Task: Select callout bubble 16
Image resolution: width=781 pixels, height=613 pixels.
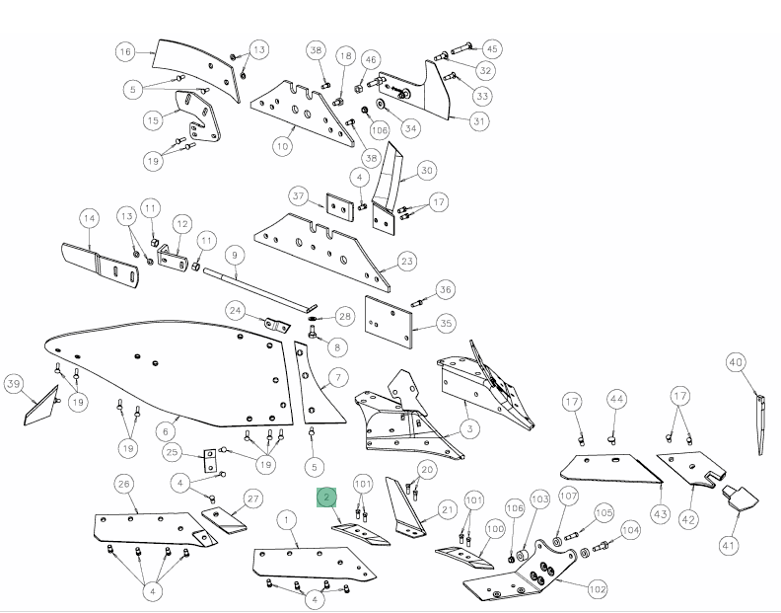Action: (x=124, y=51)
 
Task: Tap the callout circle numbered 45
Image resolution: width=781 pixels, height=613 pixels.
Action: (x=491, y=48)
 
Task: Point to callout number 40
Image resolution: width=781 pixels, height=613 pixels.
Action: (x=738, y=361)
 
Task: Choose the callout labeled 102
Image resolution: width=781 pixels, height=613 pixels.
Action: (x=598, y=589)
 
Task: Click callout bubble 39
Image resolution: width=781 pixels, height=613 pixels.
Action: (x=14, y=383)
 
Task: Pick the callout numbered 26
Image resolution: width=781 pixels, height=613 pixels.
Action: (x=124, y=483)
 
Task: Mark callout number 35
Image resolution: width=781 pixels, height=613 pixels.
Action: (x=445, y=322)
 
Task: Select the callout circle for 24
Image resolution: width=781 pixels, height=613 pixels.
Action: (x=235, y=310)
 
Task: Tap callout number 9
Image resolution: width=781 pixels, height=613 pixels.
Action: (x=234, y=255)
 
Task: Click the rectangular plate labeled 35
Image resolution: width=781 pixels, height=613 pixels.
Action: (x=389, y=319)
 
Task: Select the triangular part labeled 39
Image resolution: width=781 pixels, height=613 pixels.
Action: (x=40, y=404)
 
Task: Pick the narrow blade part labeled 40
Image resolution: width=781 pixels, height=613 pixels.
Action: (x=760, y=423)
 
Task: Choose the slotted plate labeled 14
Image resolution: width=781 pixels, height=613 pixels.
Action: (x=99, y=264)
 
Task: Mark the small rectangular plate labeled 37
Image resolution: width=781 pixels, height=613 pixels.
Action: (x=339, y=208)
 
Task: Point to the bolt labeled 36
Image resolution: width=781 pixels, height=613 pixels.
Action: (x=418, y=301)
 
